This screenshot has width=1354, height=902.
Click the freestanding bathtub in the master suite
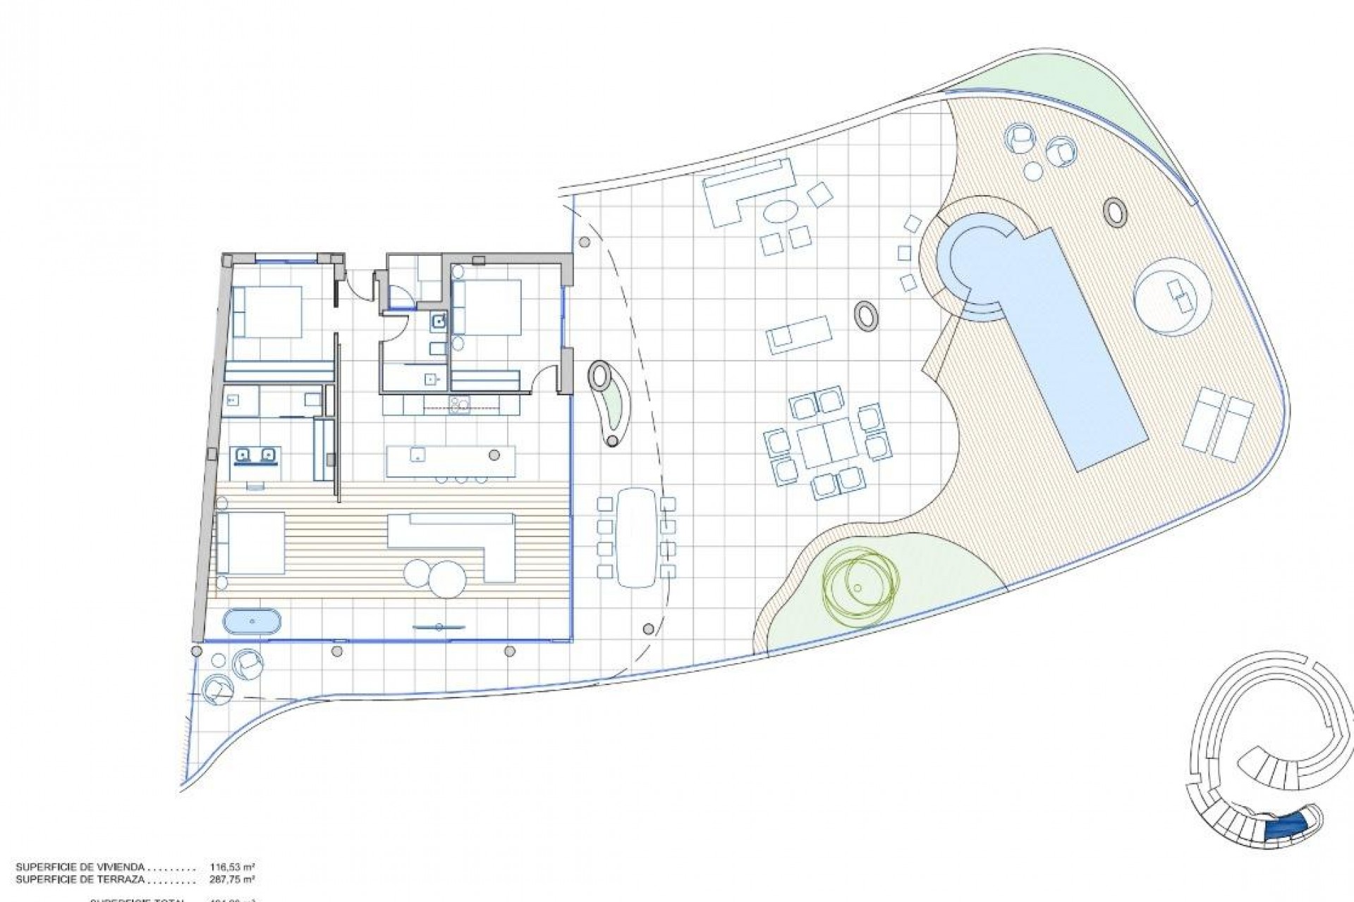[252, 622]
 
